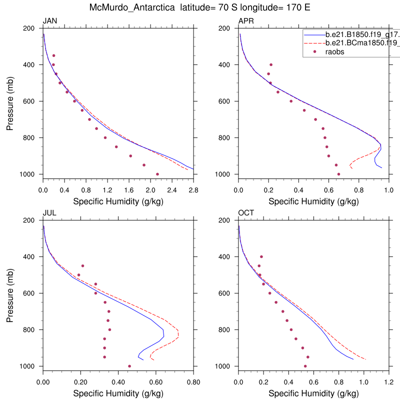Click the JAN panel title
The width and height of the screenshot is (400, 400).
[49, 21]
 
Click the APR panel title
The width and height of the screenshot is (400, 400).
[246, 21]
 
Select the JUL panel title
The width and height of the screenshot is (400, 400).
[49, 213]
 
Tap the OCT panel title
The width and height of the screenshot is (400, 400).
[246, 213]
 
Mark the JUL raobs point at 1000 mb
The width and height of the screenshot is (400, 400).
[129, 366]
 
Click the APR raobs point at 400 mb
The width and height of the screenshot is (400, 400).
[271, 64]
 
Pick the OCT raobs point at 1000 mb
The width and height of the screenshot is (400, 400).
[305, 366]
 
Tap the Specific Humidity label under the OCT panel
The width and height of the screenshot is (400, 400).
[313, 393]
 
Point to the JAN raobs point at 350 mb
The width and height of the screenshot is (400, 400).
[53, 55]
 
